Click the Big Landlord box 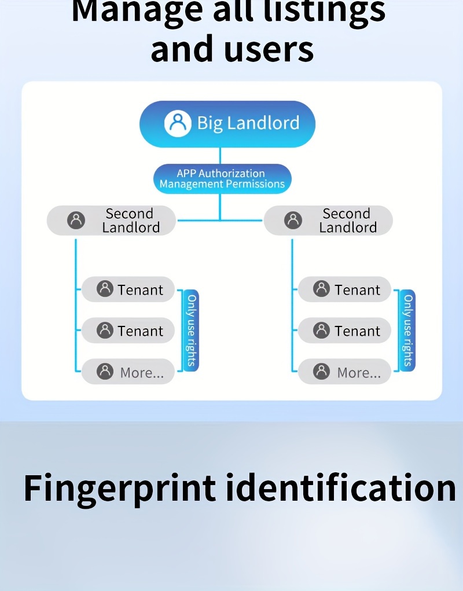pyautogui.click(x=227, y=123)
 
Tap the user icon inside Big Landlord pyautogui.click(x=177, y=123)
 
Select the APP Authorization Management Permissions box pyautogui.click(x=222, y=179)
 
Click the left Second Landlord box pyautogui.click(x=111, y=221)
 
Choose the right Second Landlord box pyautogui.click(x=328, y=221)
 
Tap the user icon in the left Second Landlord pyautogui.click(x=76, y=220)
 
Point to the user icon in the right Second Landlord pyautogui.click(x=293, y=220)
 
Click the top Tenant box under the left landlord pyautogui.click(x=128, y=289)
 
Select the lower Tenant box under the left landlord pyautogui.click(x=128, y=331)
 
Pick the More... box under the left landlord pyautogui.click(x=128, y=372)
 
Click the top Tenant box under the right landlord pyautogui.click(x=345, y=289)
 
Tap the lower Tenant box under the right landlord pyautogui.click(x=345, y=331)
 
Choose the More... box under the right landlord pyautogui.click(x=345, y=372)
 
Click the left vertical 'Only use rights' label pyautogui.click(x=192, y=331)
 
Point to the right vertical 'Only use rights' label pyautogui.click(x=408, y=331)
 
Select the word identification pyautogui.click(x=340, y=488)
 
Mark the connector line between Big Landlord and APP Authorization pyautogui.click(x=220, y=156)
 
